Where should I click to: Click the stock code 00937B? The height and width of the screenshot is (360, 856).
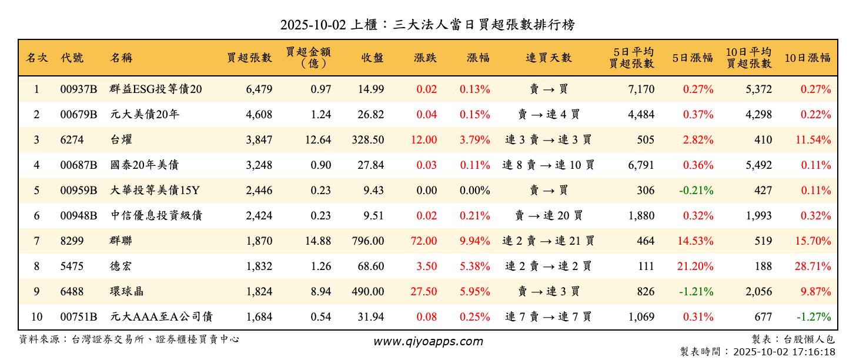click(x=79, y=89)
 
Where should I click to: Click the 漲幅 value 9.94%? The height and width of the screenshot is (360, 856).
click(x=475, y=241)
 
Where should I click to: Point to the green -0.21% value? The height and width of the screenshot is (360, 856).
click(x=696, y=191)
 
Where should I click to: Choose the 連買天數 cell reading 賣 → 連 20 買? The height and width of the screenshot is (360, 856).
click(x=549, y=216)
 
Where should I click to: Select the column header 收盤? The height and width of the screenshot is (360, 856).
click(x=373, y=58)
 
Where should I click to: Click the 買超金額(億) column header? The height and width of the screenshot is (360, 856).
click(x=309, y=58)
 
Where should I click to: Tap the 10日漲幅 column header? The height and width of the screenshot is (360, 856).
click(x=807, y=58)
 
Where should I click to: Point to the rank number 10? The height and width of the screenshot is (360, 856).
click(x=36, y=317)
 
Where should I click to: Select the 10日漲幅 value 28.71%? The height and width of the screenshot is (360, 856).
click(x=813, y=266)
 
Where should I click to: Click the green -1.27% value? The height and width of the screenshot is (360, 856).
click(x=814, y=317)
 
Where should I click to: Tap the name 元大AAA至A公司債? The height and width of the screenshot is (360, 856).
click(x=161, y=317)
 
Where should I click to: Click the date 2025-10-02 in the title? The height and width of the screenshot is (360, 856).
click(x=312, y=25)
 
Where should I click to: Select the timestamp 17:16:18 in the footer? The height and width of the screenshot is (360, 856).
click(x=814, y=352)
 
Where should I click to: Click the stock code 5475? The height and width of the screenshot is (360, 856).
click(x=72, y=266)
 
